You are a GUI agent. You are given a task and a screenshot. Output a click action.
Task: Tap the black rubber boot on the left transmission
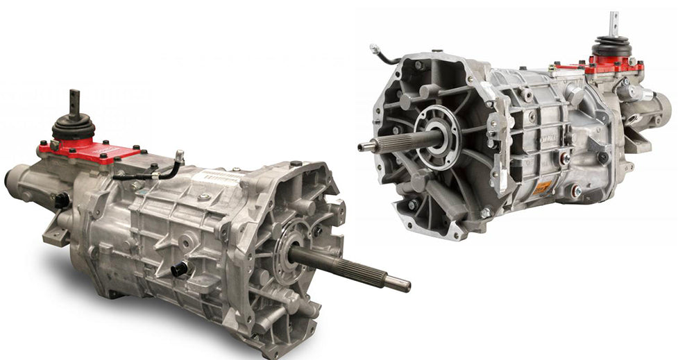click(x=74, y=128)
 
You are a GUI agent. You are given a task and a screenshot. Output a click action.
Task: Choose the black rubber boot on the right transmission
click(x=612, y=48)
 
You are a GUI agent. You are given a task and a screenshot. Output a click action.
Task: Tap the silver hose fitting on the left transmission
click(x=179, y=156)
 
